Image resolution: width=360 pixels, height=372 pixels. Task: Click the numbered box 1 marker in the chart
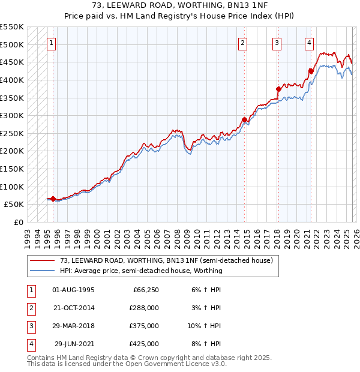click(52, 43)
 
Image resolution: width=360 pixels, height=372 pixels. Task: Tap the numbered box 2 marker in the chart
click(243, 43)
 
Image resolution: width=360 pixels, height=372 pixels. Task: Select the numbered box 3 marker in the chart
click(277, 43)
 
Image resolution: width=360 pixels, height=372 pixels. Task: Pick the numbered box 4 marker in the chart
click(309, 43)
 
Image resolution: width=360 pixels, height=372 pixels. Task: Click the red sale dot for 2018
click(278, 89)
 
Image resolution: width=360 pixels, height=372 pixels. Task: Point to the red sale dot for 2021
click(311, 71)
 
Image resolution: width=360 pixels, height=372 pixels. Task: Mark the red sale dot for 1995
click(53, 199)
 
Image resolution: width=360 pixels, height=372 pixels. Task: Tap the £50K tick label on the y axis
click(13, 205)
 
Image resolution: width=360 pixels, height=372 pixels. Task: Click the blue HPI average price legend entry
click(141, 271)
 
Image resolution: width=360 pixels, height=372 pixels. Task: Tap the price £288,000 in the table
click(144, 307)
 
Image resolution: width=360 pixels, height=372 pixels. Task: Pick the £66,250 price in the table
click(145, 289)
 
